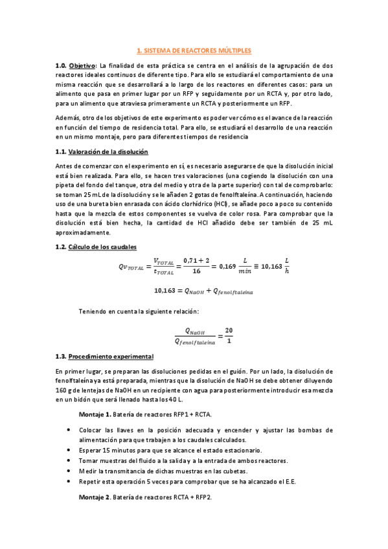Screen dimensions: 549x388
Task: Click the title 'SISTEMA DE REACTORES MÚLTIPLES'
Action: tap(198, 50)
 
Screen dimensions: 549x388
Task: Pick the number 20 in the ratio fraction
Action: tap(229, 330)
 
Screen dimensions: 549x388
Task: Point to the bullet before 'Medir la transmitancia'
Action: tap(69, 471)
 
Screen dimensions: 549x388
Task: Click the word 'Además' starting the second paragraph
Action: tap(69, 118)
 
